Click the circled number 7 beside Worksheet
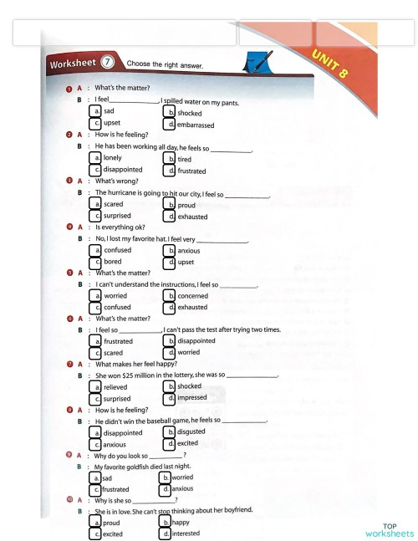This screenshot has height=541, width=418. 109,62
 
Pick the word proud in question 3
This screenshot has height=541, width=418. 186,203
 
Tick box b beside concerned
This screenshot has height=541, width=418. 169,295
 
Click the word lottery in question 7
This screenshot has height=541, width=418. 199,375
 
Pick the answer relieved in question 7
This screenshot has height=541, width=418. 117,387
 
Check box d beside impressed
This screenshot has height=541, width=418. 169,399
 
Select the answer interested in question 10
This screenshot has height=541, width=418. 189,533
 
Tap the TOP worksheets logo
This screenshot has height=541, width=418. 389,531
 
